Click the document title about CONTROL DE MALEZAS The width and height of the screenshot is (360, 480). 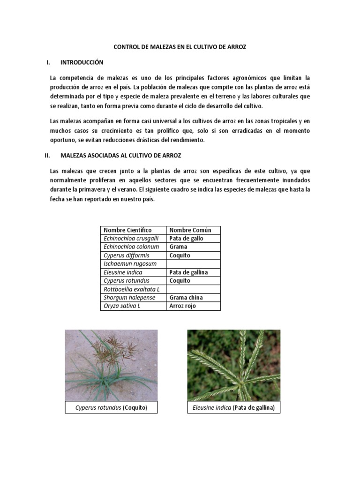coord(180,47)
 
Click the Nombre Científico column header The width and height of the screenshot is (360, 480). coord(127,230)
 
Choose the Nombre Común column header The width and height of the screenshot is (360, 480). coord(190,230)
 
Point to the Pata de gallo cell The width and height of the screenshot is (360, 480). coord(187,239)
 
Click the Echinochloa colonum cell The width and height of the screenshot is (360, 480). coord(131,247)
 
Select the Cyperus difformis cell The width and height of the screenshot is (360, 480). coord(127,255)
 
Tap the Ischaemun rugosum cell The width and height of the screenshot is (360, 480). coord(130,264)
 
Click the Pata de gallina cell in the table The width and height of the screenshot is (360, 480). coord(188,272)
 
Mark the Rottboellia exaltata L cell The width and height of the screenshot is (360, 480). coord(131,289)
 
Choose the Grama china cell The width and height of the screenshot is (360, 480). coord(186,298)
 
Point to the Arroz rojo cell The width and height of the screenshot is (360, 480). coord(183,306)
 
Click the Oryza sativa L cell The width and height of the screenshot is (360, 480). coord(122,306)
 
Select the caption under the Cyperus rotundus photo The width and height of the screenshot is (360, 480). coord(111,408)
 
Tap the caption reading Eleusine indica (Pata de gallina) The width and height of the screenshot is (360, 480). coord(233,408)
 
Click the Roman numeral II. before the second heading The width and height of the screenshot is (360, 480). coord(47,155)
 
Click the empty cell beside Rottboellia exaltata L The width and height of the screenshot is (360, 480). coord(193,289)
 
